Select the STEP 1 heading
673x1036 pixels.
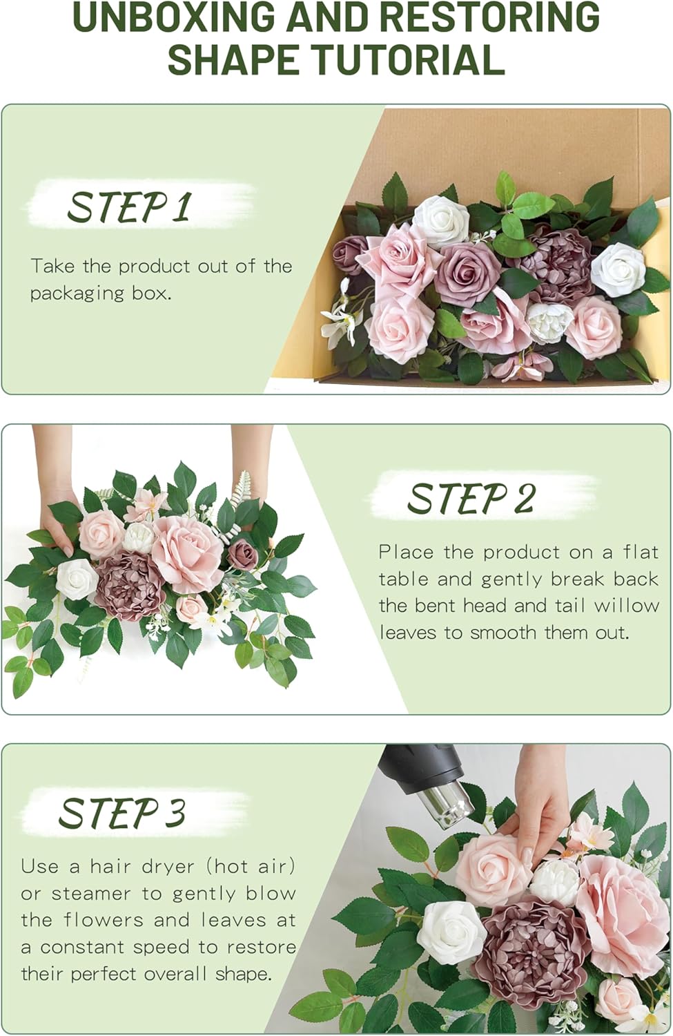(x=128, y=207)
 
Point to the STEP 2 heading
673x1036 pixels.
(x=471, y=498)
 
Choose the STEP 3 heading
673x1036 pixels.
(x=122, y=812)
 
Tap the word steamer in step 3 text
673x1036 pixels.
(x=91, y=893)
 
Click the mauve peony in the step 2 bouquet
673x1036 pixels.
(x=129, y=584)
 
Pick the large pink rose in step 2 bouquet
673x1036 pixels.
(x=187, y=553)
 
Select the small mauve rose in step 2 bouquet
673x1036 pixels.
(x=243, y=554)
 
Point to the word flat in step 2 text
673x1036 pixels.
(x=641, y=552)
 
